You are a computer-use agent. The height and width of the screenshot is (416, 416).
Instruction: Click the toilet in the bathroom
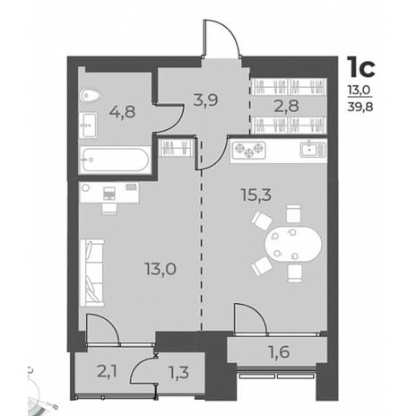[x=90, y=95]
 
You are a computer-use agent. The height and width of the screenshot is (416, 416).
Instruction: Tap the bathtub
[x=116, y=160]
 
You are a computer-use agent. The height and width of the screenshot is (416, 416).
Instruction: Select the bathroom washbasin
[x=88, y=125]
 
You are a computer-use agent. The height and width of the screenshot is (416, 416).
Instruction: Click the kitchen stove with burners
[x=249, y=150]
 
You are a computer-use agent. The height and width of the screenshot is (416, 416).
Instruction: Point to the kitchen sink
[x=313, y=150]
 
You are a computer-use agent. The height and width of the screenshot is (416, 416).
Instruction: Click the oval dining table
[x=293, y=244]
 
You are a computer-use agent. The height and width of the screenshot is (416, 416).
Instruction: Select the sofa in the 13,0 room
[x=92, y=273]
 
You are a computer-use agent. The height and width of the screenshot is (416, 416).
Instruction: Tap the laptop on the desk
[x=109, y=193]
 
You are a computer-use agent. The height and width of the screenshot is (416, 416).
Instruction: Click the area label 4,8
[x=122, y=112]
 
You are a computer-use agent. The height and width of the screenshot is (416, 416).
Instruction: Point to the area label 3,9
[x=205, y=100]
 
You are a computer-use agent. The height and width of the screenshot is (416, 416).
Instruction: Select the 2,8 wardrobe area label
[x=286, y=106]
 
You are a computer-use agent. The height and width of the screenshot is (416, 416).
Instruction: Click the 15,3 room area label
[x=256, y=195]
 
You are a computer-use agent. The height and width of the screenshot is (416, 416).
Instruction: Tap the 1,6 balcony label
[x=279, y=351]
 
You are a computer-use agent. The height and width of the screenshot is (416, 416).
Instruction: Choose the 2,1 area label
[x=107, y=372]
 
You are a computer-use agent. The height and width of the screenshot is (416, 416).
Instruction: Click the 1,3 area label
[x=178, y=373]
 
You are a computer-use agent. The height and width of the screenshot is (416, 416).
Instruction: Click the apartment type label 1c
[x=360, y=67]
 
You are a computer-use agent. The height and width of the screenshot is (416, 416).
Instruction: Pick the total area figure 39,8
[x=360, y=107]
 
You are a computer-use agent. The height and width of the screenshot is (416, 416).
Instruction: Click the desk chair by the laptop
[x=108, y=209]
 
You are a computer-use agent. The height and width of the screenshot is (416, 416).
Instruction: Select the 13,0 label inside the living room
[x=160, y=269]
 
